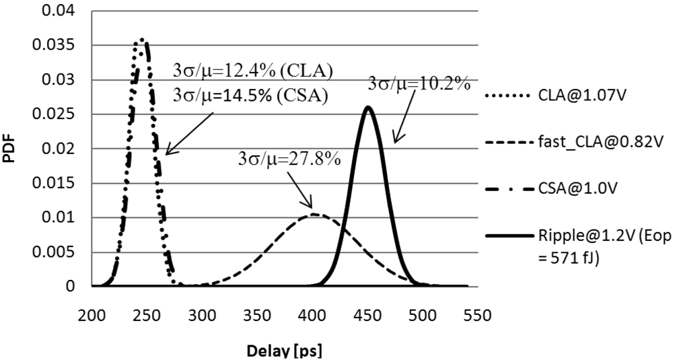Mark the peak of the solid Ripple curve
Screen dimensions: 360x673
tap(367, 106)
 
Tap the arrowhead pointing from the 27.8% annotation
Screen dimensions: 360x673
tap(312, 206)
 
